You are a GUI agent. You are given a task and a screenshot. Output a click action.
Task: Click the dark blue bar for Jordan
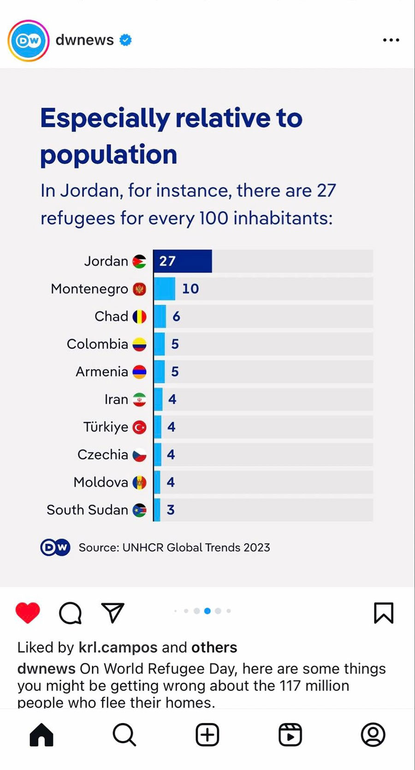coord(183,261)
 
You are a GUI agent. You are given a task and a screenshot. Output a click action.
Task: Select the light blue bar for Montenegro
coord(165,289)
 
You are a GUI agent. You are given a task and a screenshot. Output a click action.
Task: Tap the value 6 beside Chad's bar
coord(176,316)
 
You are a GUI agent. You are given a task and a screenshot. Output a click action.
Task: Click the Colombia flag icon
coord(139,344)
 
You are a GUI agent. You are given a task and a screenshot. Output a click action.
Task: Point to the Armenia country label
coord(102,372)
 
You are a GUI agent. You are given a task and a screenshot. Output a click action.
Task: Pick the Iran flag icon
coord(139,400)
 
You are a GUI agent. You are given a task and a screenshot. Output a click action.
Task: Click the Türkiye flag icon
coord(139,427)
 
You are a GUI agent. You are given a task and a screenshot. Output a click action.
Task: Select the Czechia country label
coord(103,455)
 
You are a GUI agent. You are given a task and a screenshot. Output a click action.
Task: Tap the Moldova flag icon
coord(139,483)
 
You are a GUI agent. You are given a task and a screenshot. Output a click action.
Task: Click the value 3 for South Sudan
coord(171,510)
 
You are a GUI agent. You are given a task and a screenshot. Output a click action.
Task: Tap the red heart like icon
coord(28,613)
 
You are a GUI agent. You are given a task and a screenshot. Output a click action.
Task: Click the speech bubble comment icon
coord(70,613)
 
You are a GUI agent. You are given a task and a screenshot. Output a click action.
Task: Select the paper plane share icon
coord(113,613)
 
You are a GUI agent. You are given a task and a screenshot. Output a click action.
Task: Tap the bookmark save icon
coord(383,613)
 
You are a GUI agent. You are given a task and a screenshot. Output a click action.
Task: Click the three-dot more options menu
coord(391,40)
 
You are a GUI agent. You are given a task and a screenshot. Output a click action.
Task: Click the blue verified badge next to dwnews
coord(125,40)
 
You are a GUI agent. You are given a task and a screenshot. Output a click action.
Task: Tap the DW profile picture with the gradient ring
coord(29,41)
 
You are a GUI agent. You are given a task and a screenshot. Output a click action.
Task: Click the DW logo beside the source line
coord(55,547)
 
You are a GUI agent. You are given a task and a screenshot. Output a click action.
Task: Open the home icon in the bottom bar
coord(41,734)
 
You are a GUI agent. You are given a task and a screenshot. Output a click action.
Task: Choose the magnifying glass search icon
coord(124,734)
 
